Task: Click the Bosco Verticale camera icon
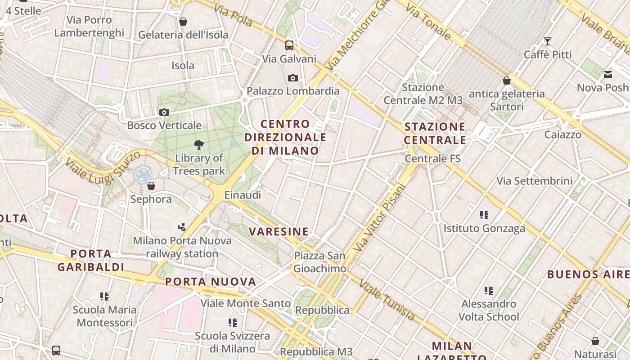tap(164, 112)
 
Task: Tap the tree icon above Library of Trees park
tap(198, 144)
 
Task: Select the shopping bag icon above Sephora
tap(151, 185)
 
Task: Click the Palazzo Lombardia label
tap(293, 91)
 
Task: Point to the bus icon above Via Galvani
tap(289, 45)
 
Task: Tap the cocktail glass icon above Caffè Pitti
tap(548, 41)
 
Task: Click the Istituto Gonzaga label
tap(484, 228)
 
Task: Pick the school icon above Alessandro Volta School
tap(489, 291)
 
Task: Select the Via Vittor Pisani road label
tap(380, 217)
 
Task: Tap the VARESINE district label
tap(279, 232)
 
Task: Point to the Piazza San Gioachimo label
tap(320, 262)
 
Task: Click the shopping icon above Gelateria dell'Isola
tap(183, 22)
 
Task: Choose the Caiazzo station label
tap(562, 135)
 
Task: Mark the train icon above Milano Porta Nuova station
tap(182, 227)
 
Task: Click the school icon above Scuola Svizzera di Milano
tap(233, 322)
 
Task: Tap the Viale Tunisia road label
tap(387, 300)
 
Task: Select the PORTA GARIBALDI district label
tap(91, 260)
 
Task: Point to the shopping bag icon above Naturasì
tap(595, 341)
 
